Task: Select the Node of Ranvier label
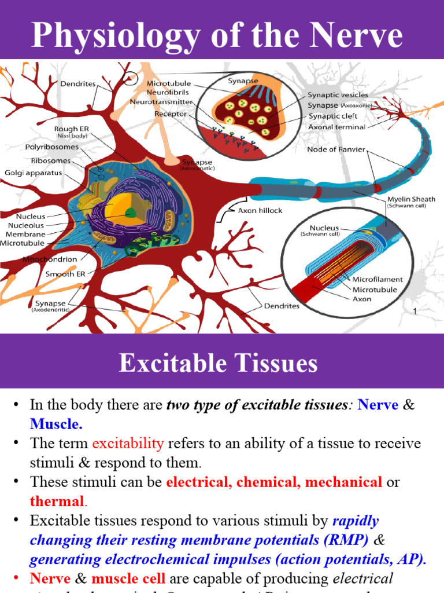[x=335, y=150]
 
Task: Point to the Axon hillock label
[x=260, y=211]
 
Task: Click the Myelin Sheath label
[x=411, y=199]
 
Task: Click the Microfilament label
[x=378, y=279]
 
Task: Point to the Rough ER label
[x=71, y=129]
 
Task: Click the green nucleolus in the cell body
[x=131, y=213]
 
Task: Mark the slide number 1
[x=415, y=312]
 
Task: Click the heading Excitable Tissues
[x=219, y=364]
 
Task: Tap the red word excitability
[x=128, y=444]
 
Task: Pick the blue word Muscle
[x=56, y=424]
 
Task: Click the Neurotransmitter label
[x=162, y=103]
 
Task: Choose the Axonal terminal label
[x=337, y=127]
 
